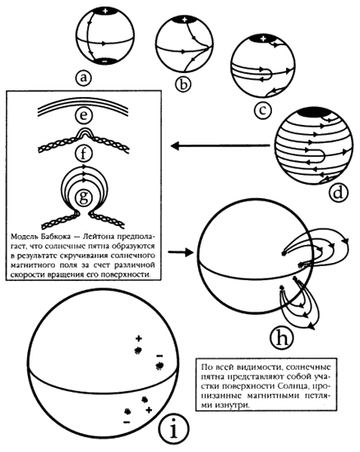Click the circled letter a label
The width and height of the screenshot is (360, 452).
tap(83, 77)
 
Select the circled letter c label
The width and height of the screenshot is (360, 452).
tap(262, 110)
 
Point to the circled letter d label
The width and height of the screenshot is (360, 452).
tap(339, 192)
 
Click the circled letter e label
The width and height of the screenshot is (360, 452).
tap(83, 116)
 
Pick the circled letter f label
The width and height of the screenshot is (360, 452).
tap(83, 154)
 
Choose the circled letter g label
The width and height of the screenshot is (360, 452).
tap(83, 198)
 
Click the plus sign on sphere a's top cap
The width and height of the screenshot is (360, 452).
tap(105, 12)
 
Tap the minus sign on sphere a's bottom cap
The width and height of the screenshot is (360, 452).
tap(104, 62)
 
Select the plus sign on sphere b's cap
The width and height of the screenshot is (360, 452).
tap(185, 20)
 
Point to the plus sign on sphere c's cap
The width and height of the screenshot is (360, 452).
tap(262, 39)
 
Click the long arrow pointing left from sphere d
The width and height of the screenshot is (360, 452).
tap(221, 145)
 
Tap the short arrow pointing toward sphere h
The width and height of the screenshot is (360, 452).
tap(180, 252)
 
